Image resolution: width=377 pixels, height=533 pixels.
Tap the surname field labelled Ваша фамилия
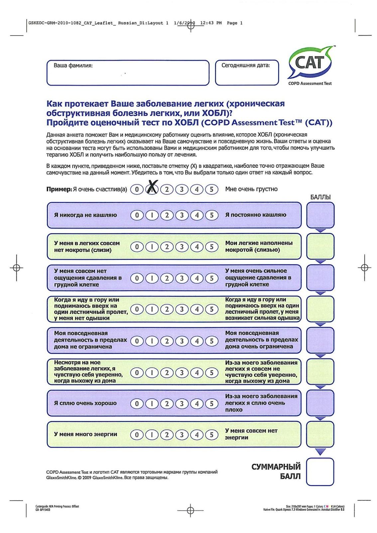[128, 73]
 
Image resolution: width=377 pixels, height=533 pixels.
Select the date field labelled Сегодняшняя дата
[247, 73]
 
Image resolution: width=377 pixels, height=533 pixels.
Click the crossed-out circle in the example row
[152, 189]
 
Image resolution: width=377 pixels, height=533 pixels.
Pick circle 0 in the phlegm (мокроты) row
[137, 247]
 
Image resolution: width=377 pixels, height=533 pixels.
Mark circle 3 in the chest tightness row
[182, 278]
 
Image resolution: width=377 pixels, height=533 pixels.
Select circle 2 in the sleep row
[167, 403]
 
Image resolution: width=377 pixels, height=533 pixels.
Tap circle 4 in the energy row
[197, 435]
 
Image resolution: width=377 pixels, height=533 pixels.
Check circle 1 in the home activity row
[152, 341]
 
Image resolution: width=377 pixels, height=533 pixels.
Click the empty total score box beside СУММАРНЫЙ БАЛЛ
[320, 472]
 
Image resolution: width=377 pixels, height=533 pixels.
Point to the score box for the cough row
[320, 215]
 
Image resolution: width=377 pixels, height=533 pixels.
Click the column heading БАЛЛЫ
[320, 197]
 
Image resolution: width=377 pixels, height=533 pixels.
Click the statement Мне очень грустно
[251, 189]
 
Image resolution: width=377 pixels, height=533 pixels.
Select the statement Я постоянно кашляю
[256, 215]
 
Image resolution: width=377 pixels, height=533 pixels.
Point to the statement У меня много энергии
[85, 434]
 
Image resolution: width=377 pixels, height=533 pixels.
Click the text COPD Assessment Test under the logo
[310, 83]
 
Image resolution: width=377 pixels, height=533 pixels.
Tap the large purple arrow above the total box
[320, 451]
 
